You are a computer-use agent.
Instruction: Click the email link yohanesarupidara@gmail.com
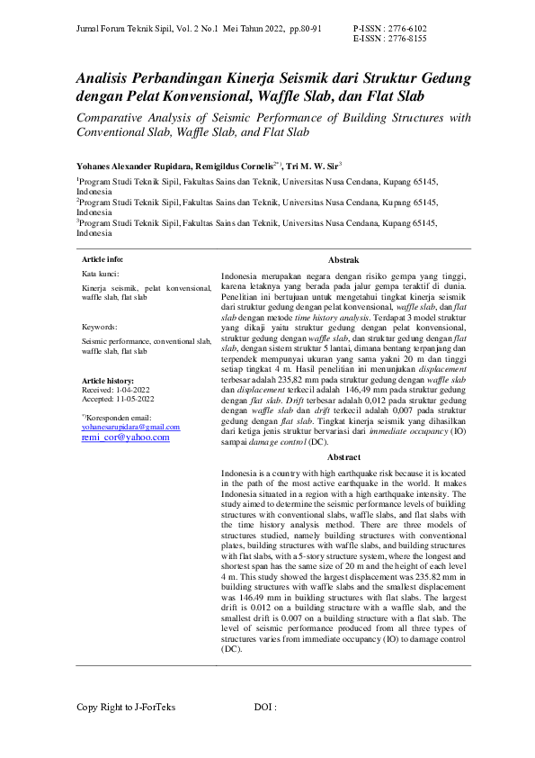coord(130,427)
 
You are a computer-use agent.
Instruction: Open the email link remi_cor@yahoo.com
coord(125,437)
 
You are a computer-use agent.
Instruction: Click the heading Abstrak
coord(344,258)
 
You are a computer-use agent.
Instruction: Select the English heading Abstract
coord(344,457)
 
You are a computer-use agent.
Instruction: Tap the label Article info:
coord(103,258)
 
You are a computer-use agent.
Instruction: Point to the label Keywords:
coord(99,327)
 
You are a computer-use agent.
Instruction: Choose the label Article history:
coord(107,382)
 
